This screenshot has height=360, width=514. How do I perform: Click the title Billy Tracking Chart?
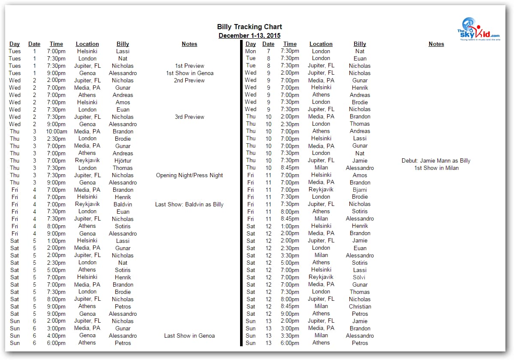click(x=249, y=27)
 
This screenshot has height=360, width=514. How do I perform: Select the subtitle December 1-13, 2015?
click(x=249, y=36)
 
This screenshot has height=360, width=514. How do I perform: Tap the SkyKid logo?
click(x=478, y=29)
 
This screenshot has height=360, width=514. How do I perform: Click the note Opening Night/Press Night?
click(x=189, y=175)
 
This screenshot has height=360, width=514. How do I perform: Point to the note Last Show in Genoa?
click(x=189, y=336)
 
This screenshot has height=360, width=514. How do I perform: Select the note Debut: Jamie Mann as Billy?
click(x=436, y=160)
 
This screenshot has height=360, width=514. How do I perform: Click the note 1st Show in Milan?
click(x=436, y=168)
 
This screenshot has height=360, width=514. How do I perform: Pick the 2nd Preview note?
click(x=189, y=80)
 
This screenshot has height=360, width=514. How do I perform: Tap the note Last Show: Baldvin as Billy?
click(x=189, y=204)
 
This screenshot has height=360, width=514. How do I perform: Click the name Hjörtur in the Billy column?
click(x=123, y=160)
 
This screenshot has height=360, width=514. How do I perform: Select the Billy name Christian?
click(x=360, y=306)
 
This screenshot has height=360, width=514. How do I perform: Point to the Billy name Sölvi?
click(x=360, y=277)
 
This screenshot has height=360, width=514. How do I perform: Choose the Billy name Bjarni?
click(x=360, y=190)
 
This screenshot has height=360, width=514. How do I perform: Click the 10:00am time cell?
click(x=56, y=131)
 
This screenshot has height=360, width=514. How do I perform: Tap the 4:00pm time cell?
click(x=56, y=336)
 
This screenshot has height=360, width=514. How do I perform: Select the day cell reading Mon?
click(x=251, y=51)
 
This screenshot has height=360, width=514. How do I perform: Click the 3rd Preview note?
click(x=189, y=117)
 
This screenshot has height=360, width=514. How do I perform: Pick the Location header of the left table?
click(x=87, y=44)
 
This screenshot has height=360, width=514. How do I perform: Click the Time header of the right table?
click(x=290, y=44)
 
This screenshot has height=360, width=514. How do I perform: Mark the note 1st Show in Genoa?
click(x=189, y=73)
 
